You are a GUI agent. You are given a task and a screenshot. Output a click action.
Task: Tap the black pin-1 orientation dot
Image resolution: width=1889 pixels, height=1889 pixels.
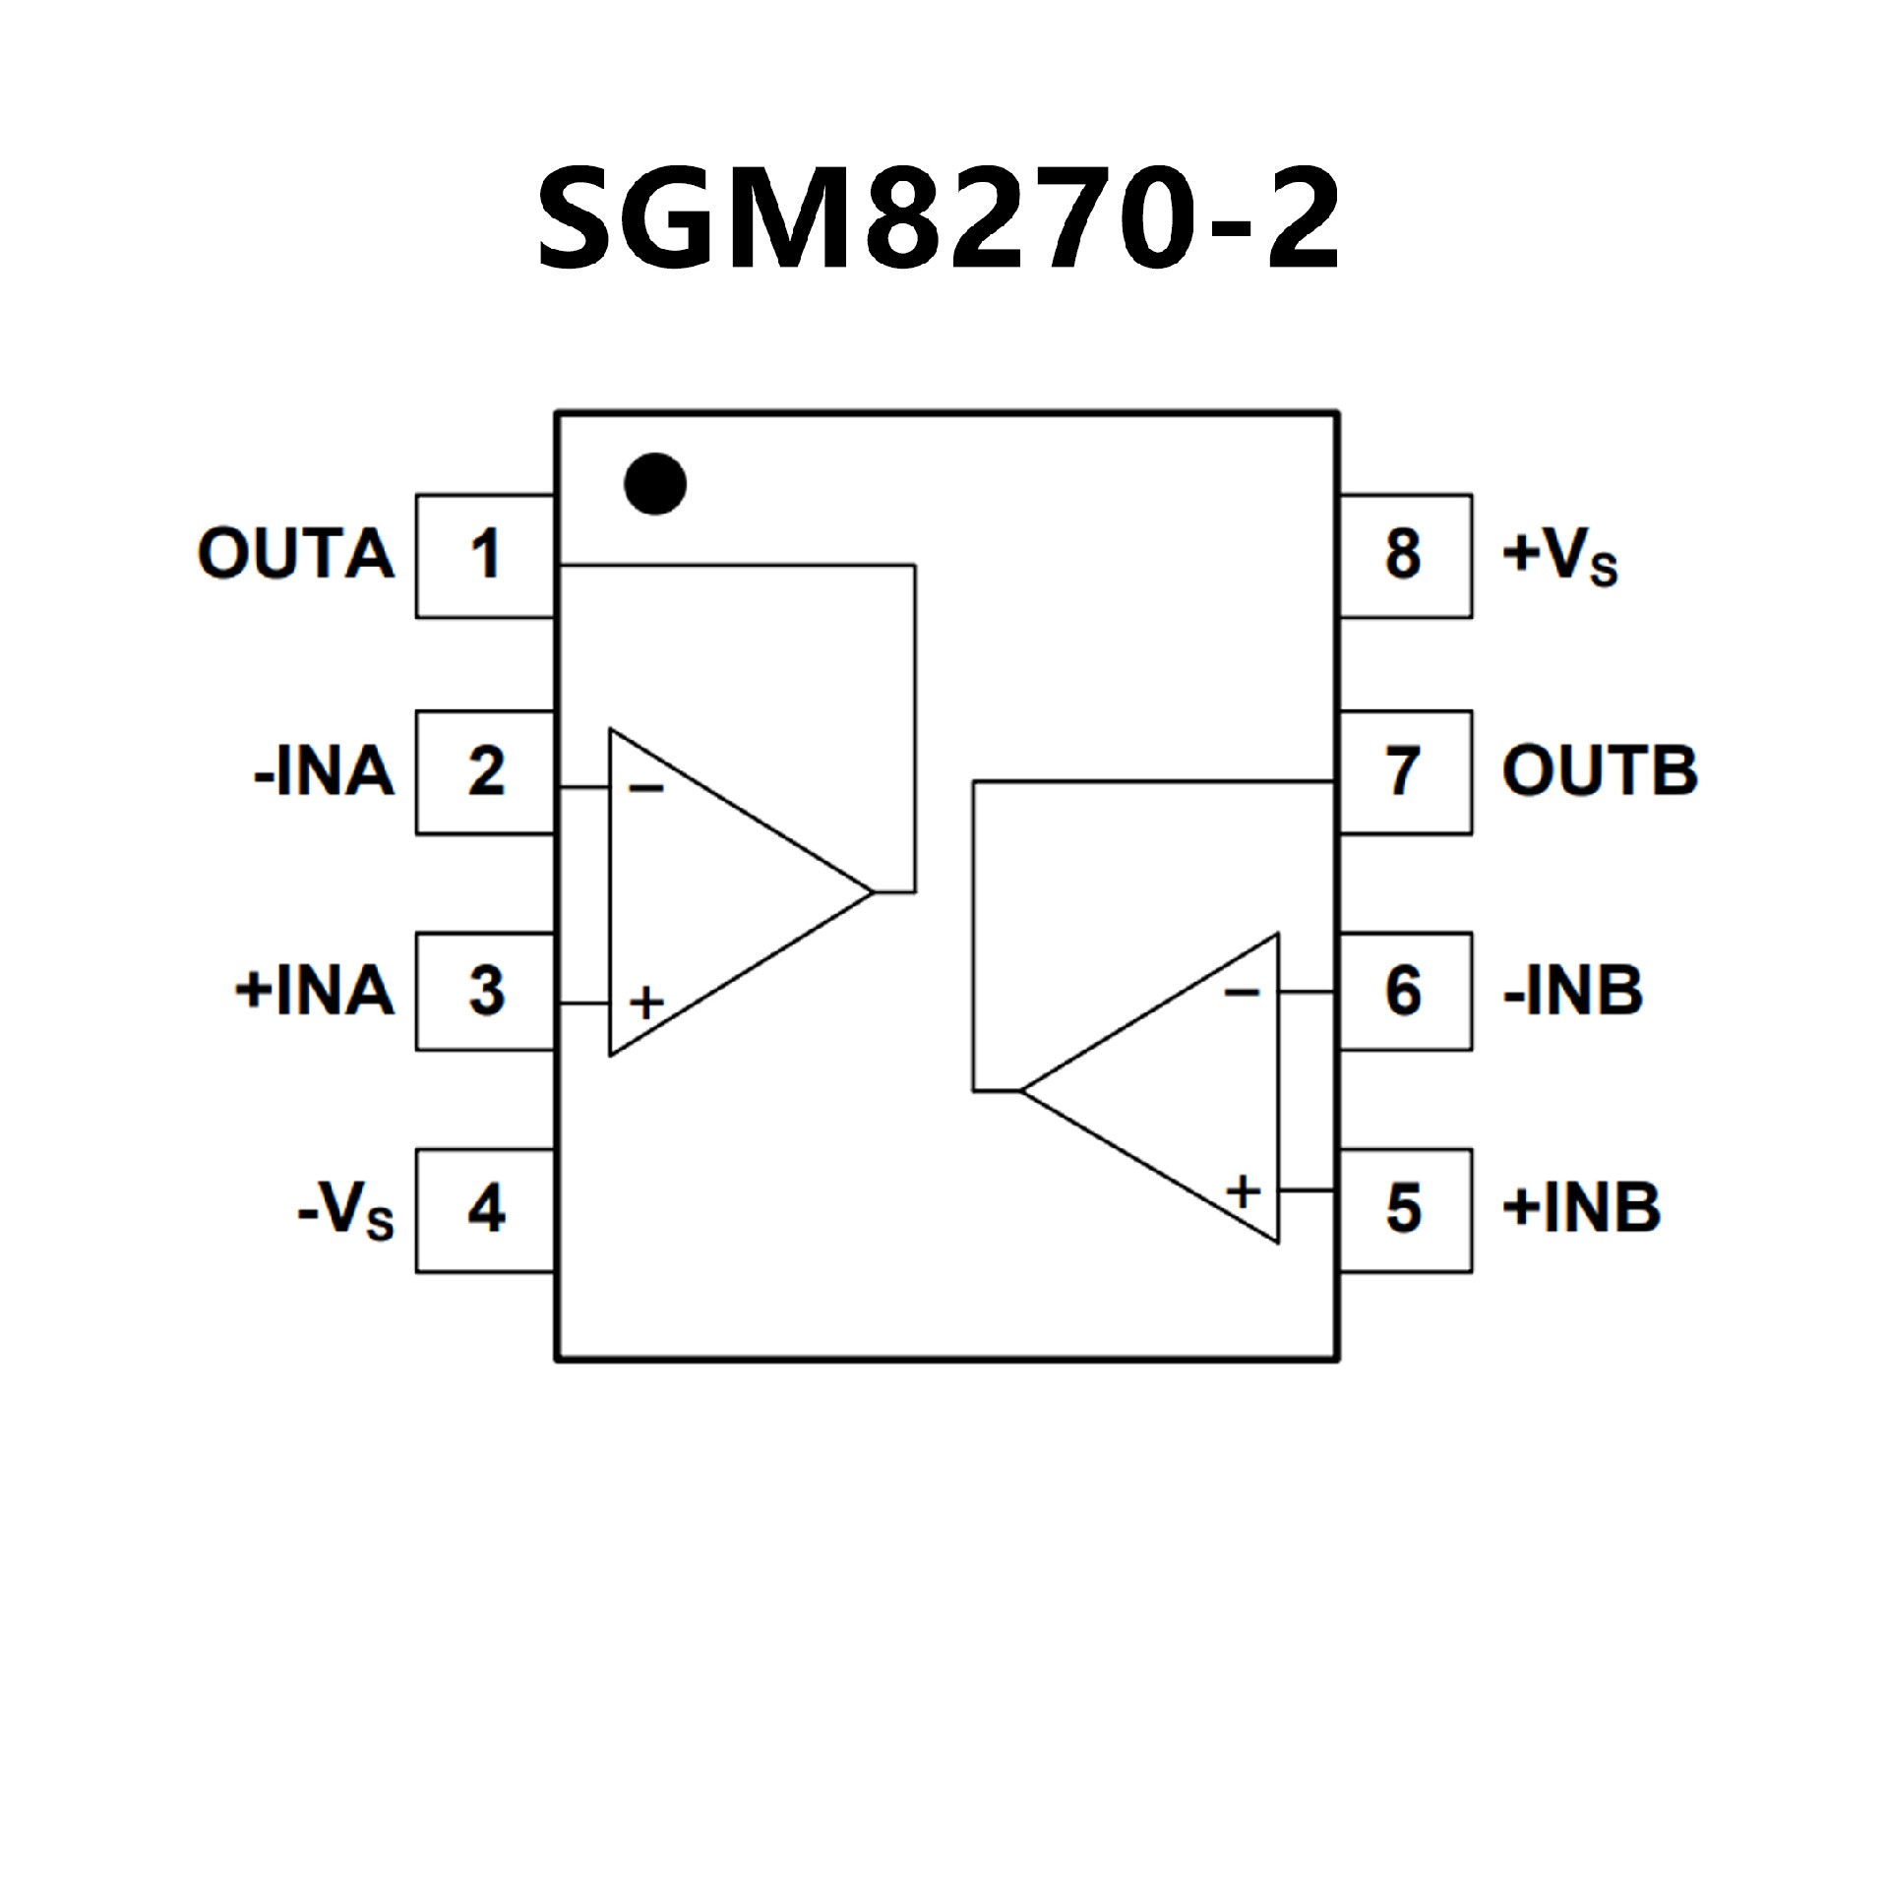[x=655, y=484]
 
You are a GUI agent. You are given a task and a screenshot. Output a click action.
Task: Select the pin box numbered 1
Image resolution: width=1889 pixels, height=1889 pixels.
[x=485, y=556]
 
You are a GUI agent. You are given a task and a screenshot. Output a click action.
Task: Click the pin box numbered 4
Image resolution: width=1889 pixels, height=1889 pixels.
[x=485, y=1210]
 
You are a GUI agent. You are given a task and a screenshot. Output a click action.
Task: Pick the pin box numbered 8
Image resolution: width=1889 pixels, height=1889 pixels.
[x=1404, y=556]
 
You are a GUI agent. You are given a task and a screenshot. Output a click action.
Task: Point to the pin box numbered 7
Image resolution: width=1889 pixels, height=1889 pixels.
[x=1404, y=772]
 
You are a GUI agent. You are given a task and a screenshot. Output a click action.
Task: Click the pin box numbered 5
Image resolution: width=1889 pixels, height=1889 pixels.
[x=1404, y=1210]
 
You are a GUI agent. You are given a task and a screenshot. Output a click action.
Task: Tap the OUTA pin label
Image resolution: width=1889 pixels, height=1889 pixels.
[x=296, y=554]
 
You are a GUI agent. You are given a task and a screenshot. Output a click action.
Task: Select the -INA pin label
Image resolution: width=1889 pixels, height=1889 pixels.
[x=325, y=772]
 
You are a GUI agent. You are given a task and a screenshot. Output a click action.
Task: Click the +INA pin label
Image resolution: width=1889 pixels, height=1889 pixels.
[x=315, y=991]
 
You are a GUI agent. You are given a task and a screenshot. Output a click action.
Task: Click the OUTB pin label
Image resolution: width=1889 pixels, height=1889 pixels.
[x=1600, y=772]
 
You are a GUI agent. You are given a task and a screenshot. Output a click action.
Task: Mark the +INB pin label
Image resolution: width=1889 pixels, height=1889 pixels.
[x=1581, y=1208]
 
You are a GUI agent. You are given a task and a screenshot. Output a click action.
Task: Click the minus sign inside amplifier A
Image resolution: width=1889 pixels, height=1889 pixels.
[x=646, y=788]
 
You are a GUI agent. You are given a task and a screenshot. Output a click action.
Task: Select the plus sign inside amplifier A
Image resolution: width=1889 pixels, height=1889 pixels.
[x=646, y=1004]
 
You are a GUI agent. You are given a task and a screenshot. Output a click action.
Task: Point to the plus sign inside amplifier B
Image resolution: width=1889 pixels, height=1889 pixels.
[x=1244, y=1191]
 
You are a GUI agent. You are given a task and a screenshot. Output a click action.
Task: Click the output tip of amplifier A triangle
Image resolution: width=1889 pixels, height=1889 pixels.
[x=873, y=892]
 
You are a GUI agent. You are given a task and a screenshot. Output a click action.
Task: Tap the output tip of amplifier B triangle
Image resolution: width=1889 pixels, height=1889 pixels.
[x=1022, y=1090]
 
